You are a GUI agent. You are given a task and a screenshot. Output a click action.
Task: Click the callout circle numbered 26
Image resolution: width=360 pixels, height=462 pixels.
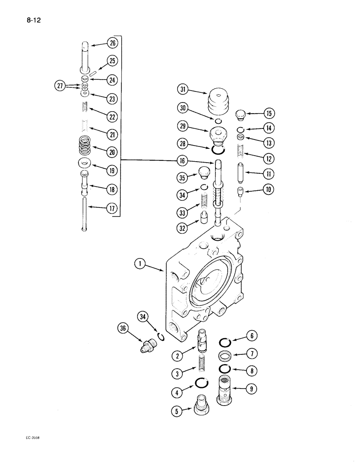[112, 43]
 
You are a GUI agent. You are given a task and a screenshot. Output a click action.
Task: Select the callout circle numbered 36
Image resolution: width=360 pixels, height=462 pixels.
[122, 328]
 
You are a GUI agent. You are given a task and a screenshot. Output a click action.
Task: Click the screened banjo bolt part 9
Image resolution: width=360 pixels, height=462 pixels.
[226, 391]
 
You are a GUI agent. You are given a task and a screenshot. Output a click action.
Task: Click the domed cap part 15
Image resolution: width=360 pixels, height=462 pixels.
[240, 114]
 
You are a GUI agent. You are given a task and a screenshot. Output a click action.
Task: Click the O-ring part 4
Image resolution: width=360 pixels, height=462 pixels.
[201, 383]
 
